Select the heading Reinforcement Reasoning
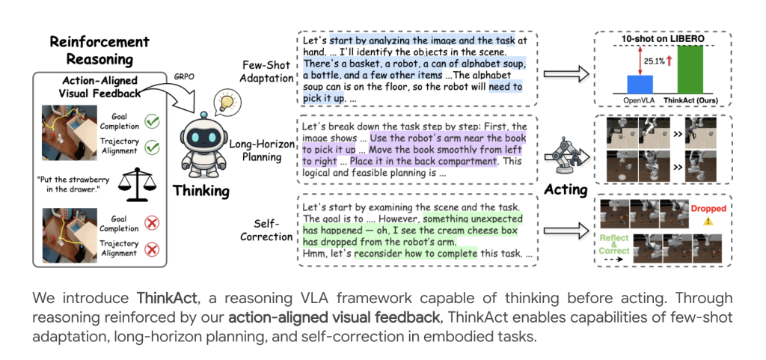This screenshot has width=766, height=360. click(x=99, y=51)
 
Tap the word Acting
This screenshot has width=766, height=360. click(x=566, y=189)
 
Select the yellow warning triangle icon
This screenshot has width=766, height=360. click(x=708, y=222)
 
